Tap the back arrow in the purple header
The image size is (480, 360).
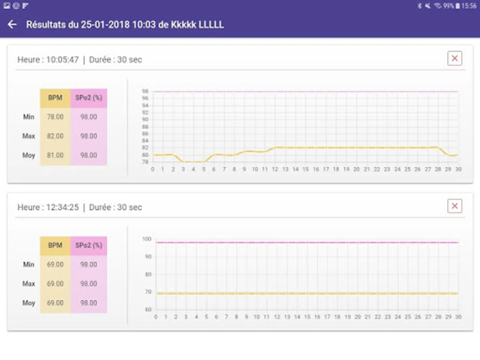coord(12,24)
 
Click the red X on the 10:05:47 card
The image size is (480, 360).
coord(454,58)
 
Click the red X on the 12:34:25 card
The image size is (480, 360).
coord(454,206)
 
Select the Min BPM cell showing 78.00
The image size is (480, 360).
coord(55,117)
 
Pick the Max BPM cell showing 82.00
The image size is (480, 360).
coord(55,136)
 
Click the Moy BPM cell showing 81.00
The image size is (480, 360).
coord(55,155)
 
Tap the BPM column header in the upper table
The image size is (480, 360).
coord(55,98)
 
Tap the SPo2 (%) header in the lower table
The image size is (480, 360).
coord(89,245)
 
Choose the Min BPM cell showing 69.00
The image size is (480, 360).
coord(55,264)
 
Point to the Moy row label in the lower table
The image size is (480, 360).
coord(28,303)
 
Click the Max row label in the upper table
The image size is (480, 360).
coord(28,136)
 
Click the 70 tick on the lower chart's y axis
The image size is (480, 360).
coord(148,292)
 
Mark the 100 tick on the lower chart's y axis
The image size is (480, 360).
coord(147,239)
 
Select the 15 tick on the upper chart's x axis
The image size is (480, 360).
coord(306,170)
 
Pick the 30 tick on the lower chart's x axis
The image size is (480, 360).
coord(458,317)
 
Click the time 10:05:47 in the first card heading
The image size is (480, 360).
coord(62,60)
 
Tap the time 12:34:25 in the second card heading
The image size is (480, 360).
coord(62,208)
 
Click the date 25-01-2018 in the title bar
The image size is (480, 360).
coord(106,25)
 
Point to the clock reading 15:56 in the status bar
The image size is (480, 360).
coord(469,6)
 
